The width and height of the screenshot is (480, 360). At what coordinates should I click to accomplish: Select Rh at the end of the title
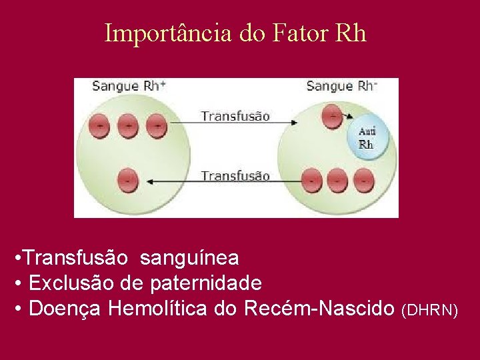351,33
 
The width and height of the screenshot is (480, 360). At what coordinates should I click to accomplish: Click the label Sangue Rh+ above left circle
129,86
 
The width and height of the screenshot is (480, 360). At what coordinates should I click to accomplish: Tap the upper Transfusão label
235,116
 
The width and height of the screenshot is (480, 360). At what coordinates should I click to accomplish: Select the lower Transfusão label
235,176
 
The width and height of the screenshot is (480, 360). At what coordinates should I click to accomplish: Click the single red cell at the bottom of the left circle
128,180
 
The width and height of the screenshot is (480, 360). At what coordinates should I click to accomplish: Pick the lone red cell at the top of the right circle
332,117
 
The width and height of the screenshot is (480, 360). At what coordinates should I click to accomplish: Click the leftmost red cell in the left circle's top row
100,125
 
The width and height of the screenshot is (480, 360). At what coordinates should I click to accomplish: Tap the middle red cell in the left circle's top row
128,125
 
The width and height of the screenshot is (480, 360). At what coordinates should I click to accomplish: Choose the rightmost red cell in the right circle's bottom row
363,180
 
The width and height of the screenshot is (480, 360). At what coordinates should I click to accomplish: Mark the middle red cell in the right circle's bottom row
336,180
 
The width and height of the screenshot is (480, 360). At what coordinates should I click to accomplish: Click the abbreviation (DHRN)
430,310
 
